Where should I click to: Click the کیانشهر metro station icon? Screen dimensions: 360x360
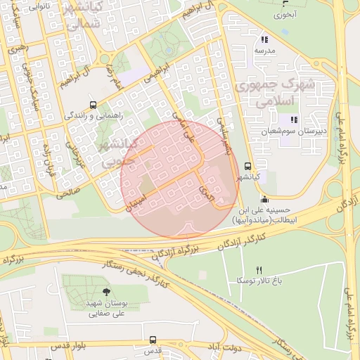pos(247,167)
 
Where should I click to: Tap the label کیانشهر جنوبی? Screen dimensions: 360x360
pos(107,151)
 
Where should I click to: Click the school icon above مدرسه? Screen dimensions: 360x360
pos(264,40)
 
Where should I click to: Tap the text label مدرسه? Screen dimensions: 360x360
pos(264,51)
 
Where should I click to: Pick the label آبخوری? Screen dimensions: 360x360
pos(286,14)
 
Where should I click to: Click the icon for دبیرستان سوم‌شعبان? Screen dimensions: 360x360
pos(295,120)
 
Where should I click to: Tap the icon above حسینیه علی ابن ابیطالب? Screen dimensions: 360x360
pos(263,198)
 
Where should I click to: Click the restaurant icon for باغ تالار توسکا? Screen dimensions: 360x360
pos(259,270)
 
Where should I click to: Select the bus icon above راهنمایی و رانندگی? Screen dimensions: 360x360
pos(92,103)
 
